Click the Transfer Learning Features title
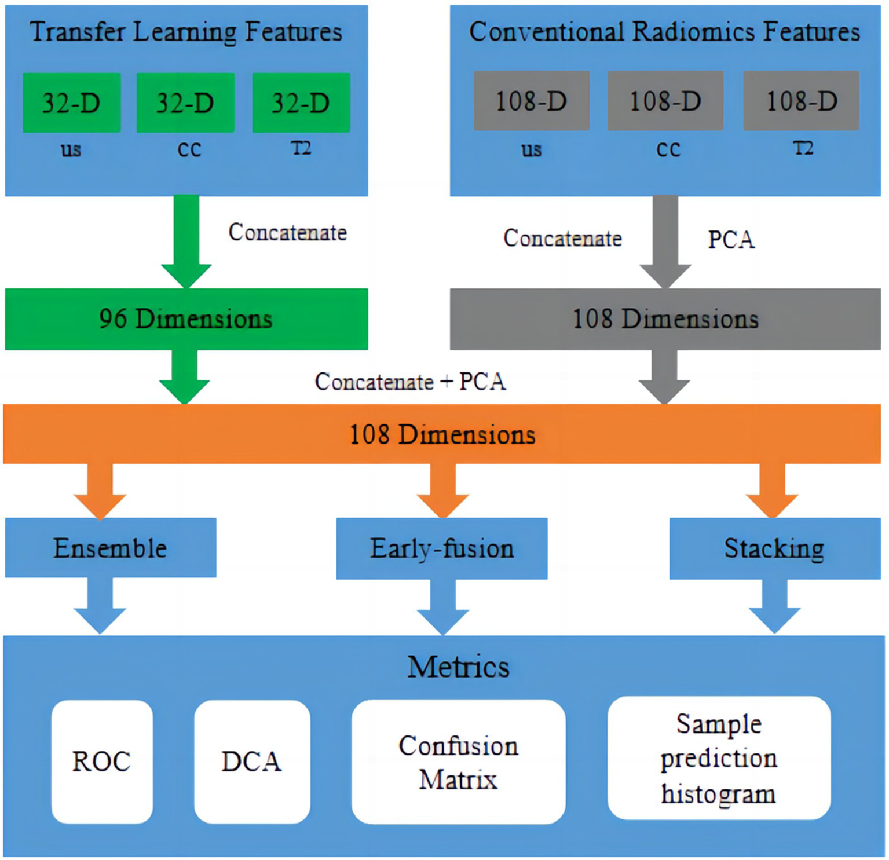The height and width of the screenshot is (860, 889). coord(186,32)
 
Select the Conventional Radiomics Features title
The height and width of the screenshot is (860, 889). coord(664,32)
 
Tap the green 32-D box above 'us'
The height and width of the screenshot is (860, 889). coord(72,103)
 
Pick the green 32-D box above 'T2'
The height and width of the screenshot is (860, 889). coord(301,103)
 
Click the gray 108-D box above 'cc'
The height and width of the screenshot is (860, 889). coord(665,101)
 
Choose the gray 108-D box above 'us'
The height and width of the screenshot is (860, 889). coord(531,101)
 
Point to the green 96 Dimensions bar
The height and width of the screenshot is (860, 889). coord(186,319)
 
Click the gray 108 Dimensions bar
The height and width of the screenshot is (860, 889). coord(665,319)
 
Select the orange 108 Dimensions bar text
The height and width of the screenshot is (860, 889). coord(442,434)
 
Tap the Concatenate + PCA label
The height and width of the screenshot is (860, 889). coord(410,382)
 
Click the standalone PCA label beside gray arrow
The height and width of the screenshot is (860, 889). coord(731,240)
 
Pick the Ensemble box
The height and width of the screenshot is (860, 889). coord(111,548)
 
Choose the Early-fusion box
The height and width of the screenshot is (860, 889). coord(441,548)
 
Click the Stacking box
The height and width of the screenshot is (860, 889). coord(774,548)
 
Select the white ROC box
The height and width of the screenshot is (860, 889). coord(102,762)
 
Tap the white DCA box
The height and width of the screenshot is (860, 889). coord(252,762)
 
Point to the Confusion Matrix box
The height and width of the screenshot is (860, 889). coord(458,762)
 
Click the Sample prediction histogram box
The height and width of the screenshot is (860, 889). coord(719,758)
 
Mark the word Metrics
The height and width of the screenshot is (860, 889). coord(458,667)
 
